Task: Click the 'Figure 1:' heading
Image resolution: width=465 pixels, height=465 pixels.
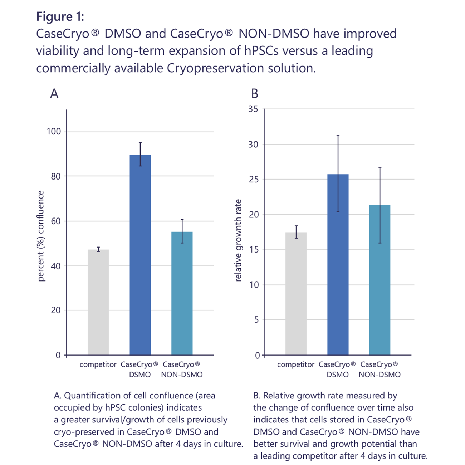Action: pyautogui.click(x=60, y=17)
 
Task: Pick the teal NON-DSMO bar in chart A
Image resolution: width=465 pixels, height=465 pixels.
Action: pyautogui.click(x=182, y=293)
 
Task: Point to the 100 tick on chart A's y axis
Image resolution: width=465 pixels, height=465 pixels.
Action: pyautogui.click(x=54, y=132)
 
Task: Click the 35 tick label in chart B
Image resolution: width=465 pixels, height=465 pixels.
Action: pyautogui.click(x=253, y=109)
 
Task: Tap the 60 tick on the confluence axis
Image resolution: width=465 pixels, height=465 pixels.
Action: pyautogui.click(x=56, y=221)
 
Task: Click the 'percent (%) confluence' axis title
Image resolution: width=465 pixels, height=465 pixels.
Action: pyautogui.click(x=41, y=236)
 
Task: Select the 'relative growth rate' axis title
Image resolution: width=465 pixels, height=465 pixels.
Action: pyautogui.click(x=238, y=240)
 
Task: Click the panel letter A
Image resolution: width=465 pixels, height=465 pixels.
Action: pyautogui.click(x=54, y=94)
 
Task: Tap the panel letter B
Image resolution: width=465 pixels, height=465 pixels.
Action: pyautogui.click(x=255, y=94)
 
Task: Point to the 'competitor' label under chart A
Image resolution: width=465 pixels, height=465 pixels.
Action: pyautogui.click(x=98, y=364)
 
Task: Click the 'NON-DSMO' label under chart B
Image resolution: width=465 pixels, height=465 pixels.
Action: pyautogui.click(x=380, y=375)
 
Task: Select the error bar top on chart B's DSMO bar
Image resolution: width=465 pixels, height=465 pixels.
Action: pyautogui.click(x=338, y=136)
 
